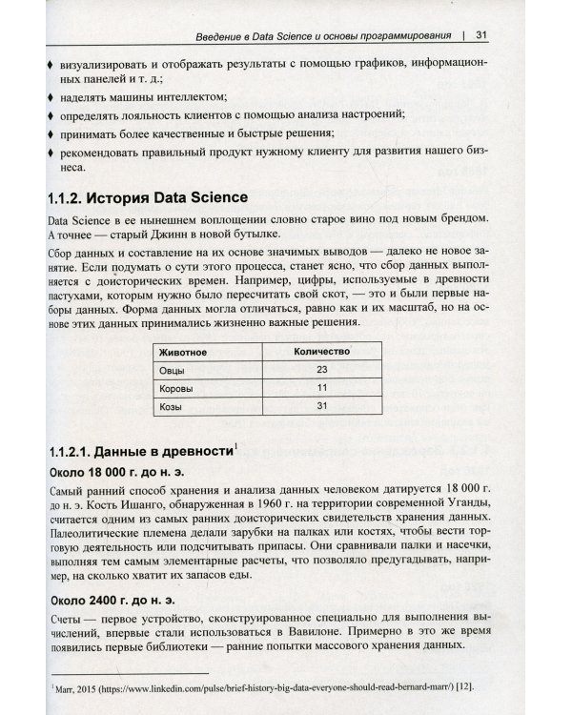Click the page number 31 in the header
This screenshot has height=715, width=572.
[481, 36]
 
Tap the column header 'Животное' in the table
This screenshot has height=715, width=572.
[185, 352]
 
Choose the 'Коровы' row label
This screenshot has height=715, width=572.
[176, 389]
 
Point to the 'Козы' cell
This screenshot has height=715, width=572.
[172, 408]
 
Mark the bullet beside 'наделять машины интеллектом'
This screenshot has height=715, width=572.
[50, 96]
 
